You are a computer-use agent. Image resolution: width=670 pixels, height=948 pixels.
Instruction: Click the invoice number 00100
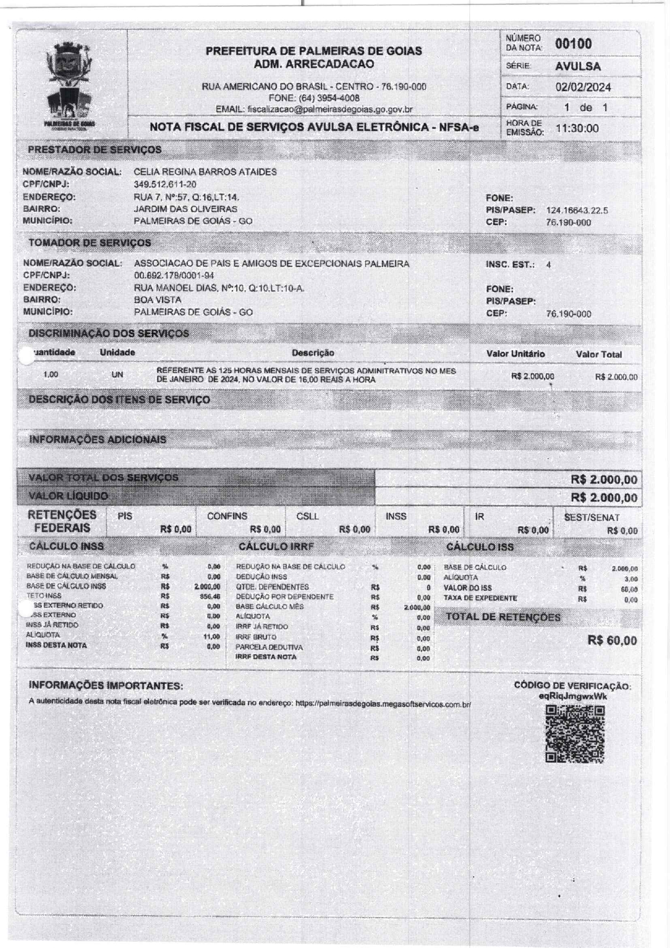(573, 44)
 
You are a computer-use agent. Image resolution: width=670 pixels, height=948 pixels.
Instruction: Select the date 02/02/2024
(583, 87)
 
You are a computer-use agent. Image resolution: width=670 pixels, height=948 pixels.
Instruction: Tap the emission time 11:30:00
(577, 129)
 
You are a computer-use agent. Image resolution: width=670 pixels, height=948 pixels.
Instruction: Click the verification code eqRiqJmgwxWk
(573, 696)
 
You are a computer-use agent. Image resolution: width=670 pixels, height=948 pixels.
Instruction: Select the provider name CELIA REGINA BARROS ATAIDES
(205, 172)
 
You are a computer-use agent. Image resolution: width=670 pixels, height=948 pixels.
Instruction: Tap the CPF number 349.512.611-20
(165, 184)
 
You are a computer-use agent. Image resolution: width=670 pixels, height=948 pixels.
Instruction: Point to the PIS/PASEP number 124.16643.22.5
(577, 210)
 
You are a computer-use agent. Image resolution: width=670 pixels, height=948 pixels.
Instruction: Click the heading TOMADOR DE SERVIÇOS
(90, 243)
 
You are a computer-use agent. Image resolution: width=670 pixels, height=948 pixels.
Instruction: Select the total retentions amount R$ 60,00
(612, 641)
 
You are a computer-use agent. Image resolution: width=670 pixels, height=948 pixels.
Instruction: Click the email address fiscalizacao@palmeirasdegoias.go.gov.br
(330, 109)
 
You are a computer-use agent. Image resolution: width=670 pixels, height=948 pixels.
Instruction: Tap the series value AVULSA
(578, 66)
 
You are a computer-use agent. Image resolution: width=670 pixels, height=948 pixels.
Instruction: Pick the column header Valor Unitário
(515, 354)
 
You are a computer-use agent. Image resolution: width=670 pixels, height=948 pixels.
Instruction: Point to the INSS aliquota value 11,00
(211, 636)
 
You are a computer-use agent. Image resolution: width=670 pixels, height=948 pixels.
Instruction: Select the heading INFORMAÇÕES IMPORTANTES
(106, 686)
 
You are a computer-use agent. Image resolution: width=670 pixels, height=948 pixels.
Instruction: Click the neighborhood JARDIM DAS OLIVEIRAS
(185, 209)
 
